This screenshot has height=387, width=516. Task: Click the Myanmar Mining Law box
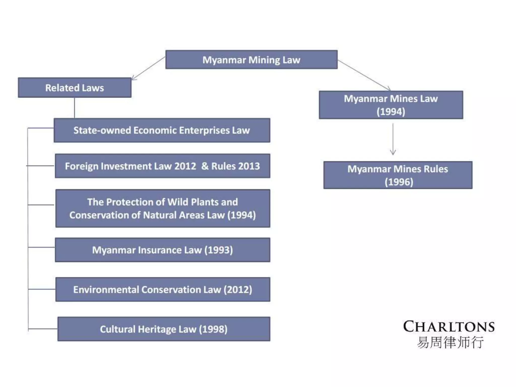click(251, 59)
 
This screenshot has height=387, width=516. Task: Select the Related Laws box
click(75, 87)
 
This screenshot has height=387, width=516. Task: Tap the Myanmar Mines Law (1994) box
click(391, 105)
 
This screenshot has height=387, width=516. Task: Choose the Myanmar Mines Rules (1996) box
click(398, 175)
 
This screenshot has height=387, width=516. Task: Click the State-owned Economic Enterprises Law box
click(162, 130)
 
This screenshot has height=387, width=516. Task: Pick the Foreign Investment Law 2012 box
click(163, 166)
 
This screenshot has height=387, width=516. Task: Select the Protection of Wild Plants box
click(163, 208)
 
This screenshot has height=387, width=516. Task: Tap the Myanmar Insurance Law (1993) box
click(163, 250)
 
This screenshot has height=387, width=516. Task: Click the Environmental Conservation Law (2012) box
click(163, 289)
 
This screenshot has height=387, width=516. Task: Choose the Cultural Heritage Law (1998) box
click(164, 329)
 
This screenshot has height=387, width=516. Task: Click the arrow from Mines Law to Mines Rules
click(393, 139)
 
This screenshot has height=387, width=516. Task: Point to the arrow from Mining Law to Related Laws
click(148, 68)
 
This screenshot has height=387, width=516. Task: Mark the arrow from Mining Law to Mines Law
click(364, 75)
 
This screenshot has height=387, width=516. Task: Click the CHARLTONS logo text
click(449, 327)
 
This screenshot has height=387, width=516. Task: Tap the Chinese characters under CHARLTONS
click(450, 342)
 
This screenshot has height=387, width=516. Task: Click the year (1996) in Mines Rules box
click(399, 182)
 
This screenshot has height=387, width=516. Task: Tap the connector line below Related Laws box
click(74, 108)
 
